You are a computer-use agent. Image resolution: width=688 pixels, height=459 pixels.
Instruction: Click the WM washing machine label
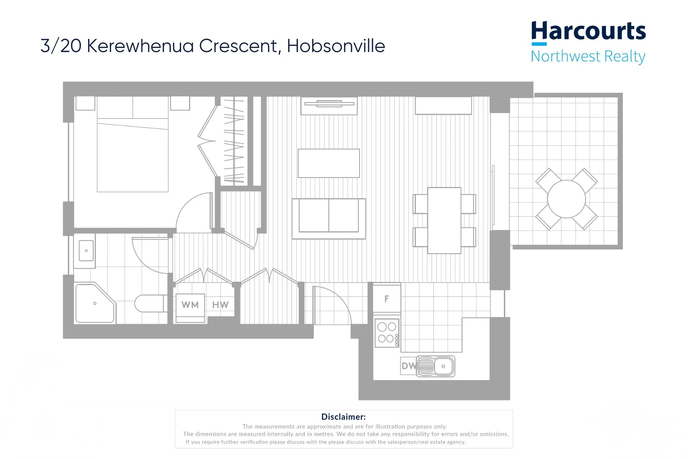(x=190, y=305)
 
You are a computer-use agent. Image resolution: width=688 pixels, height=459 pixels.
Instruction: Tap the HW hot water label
(x=220, y=305)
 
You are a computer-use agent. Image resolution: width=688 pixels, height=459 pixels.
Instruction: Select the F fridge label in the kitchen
(x=387, y=299)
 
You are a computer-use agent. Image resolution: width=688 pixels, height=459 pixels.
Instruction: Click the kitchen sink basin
(x=443, y=366)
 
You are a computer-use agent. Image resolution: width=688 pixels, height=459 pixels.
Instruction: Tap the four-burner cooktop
(x=387, y=333)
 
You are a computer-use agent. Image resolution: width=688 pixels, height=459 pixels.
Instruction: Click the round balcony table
(x=566, y=199)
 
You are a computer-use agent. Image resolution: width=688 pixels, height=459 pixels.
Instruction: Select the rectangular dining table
(x=444, y=220)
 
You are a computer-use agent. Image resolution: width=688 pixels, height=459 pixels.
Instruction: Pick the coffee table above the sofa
(x=329, y=163)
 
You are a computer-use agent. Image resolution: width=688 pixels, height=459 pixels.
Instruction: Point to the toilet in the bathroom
(x=149, y=304)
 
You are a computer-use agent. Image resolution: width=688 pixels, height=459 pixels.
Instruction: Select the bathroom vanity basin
(x=86, y=250)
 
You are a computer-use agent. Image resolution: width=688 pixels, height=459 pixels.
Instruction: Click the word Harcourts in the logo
(x=588, y=31)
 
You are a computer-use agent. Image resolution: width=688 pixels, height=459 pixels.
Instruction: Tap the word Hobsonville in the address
(x=336, y=46)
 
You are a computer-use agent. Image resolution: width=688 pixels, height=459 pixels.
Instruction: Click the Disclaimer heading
(x=343, y=417)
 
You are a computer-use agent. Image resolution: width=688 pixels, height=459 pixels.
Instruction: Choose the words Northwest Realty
(x=588, y=56)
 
